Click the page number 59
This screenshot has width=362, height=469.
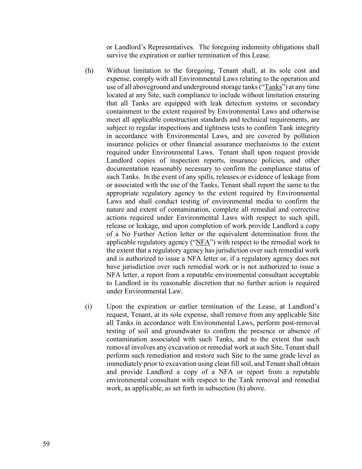coord(46,444)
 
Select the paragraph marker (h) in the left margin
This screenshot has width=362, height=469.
coord(89,71)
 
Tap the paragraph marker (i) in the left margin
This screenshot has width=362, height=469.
coord(89,306)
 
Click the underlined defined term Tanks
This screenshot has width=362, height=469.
coord(273,87)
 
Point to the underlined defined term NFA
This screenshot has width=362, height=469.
coord(202,242)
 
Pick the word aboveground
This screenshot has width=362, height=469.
coord(148,87)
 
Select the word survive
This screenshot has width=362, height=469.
coord(117,55)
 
